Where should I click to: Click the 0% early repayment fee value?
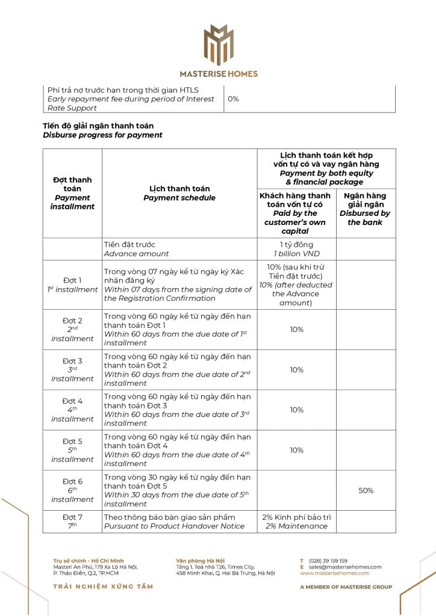233,99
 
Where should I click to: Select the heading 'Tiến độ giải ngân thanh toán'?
98,126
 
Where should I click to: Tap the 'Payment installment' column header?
72,193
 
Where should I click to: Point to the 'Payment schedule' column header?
179,193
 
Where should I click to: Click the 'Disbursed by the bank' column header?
365,209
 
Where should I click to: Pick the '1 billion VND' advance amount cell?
296,250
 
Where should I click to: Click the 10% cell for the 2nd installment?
296,330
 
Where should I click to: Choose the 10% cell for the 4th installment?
296,410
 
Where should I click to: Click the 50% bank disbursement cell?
366,491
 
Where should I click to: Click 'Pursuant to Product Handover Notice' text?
175,526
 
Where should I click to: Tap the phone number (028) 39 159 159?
328,561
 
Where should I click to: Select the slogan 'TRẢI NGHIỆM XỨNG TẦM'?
103,587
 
